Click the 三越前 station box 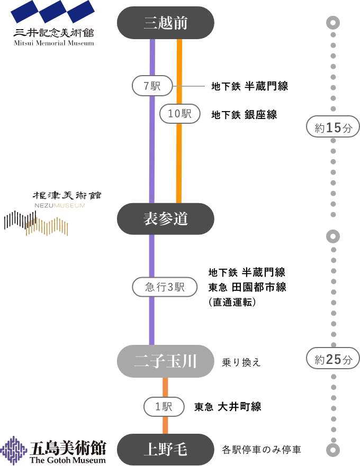point(166,23)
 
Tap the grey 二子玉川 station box point(166,362)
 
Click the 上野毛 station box point(166,450)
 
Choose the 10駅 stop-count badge point(179,114)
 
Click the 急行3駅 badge point(165,287)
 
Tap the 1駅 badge point(164,407)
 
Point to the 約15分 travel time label point(333,127)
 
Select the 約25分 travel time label point(333,360)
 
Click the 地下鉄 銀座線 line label point(244,115)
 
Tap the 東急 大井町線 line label point(228,407)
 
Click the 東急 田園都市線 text point(247,287)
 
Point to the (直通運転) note point(232,302)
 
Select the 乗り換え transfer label point(241,363)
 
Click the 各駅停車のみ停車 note point(262,450)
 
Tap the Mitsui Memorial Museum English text point(53,43)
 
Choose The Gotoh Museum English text point(68,460)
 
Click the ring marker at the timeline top point(333,23)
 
